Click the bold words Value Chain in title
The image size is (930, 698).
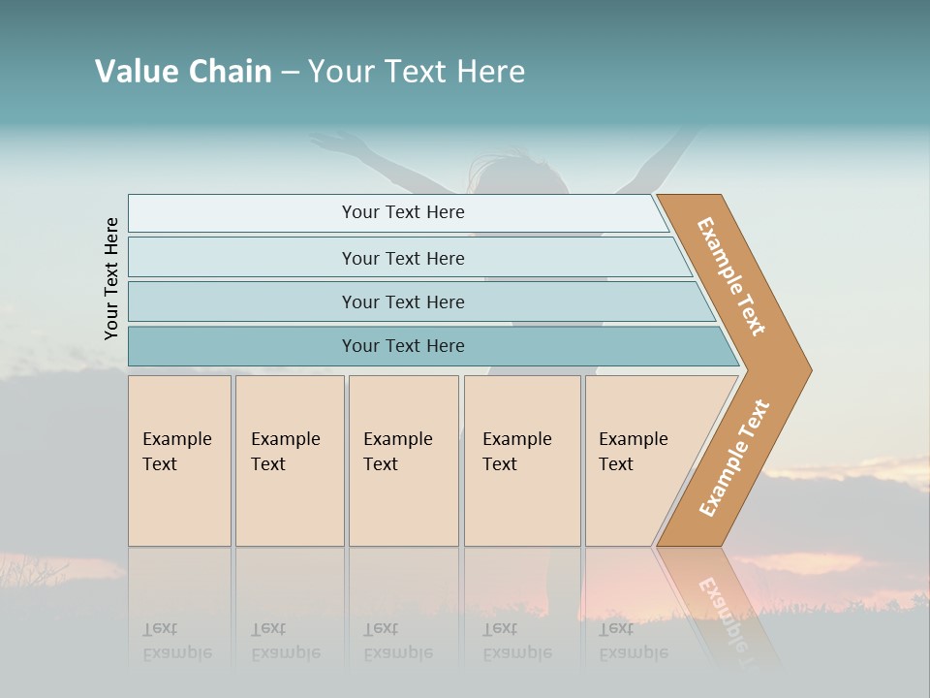(x=183, y=72)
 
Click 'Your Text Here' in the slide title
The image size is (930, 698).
(x=417, y=72)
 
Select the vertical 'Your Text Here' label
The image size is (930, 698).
(x=111, y=278)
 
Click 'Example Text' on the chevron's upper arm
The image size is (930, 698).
(x=731, y=276)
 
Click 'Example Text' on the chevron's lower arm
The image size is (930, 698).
(x=734, y=459)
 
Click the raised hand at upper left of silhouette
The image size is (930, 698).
(x=334, y=143)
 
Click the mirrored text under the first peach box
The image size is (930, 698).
(x=177, y=640)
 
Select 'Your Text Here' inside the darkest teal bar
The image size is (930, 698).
(x=403, y=346)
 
